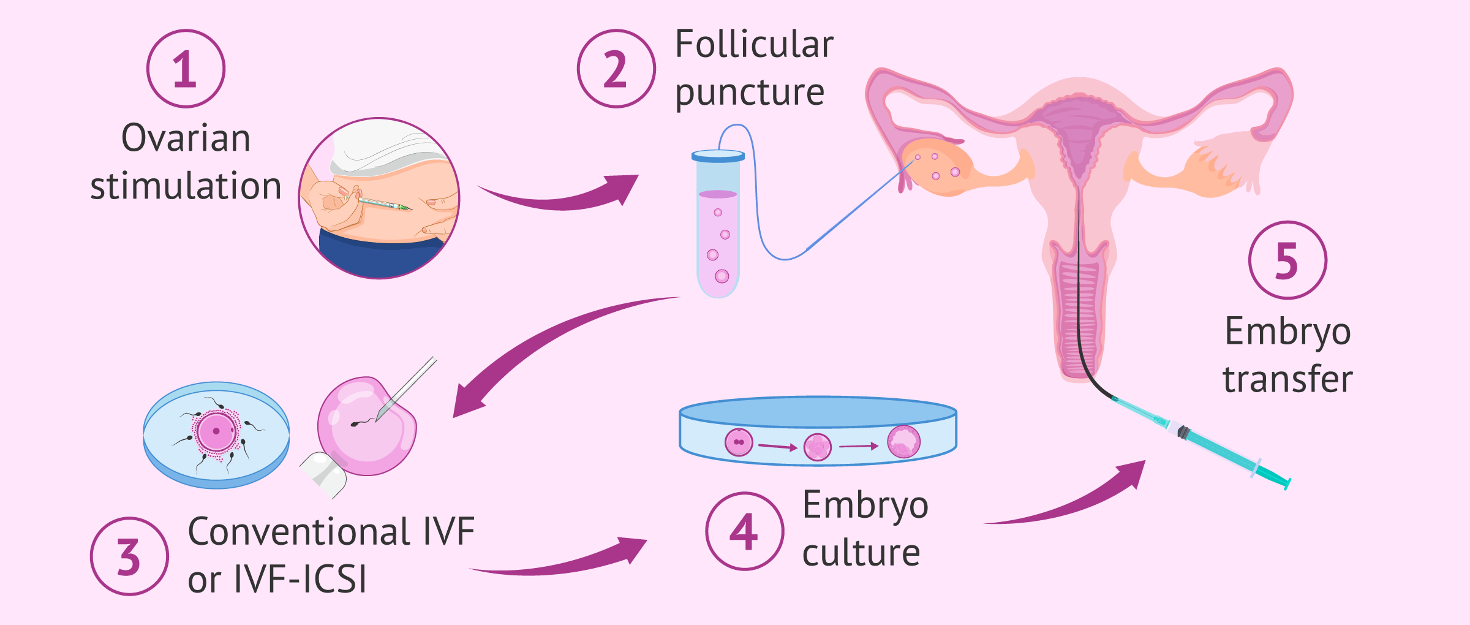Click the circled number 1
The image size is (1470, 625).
(x=186, y=69)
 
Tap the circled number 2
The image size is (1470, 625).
(x=616, y=69)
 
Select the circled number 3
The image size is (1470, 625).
(x=129, y=556)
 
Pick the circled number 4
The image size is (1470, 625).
(x=744, y=531)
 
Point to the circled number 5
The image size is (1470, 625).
(x=1287, y=260)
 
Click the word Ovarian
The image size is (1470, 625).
(x=186, y=138)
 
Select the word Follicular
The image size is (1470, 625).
(x=754, y=44)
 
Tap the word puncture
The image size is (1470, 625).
(x=750, y=93)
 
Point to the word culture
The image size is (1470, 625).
(x=861, y=553)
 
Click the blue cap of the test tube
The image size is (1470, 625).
(x=718, y=156)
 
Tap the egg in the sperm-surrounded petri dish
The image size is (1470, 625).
(x=216, y=431)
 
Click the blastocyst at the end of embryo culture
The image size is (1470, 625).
(x=903, y=442)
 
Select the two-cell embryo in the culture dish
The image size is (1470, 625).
(x=739, y=442)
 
